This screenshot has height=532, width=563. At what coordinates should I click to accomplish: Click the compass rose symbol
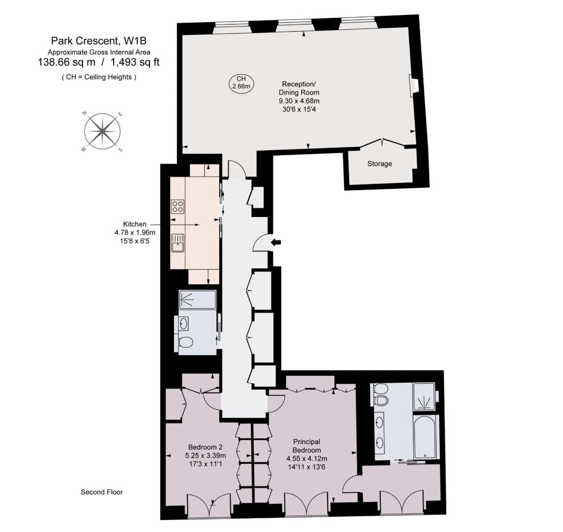click(x=102, y=131)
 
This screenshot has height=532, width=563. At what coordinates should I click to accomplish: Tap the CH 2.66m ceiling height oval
click(x=241, y=83)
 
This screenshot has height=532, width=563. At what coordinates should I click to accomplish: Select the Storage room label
click(x=379, y=164)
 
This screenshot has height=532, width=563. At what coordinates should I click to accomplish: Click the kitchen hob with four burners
click(x=178, y=206)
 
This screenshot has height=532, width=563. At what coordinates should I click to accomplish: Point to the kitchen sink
click(x=177, y=243)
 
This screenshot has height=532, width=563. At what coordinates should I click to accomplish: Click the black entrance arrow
click(x=276, y=242)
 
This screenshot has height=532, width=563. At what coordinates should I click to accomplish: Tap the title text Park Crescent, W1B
click(x=99, y=41)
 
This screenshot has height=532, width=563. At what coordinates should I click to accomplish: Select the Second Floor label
click(x=102, y=492)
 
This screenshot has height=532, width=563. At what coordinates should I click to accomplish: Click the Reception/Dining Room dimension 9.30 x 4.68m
click(x=299, y=101)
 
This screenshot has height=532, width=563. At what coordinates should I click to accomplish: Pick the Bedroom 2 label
click(x=205, y=447)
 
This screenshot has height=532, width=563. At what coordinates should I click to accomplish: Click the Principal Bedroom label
click(x=306, y=446)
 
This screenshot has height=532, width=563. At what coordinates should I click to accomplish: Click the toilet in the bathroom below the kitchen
click(x=186, y=342)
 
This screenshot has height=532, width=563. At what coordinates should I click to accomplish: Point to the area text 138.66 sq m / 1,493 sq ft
click(x=99, y=62)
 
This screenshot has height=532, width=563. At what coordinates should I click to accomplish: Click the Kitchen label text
click(x=135, y=224)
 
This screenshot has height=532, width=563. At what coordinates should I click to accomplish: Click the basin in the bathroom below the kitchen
click(x=184, y=323)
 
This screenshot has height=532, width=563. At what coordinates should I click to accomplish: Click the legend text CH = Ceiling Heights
click(x=99, y=77)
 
